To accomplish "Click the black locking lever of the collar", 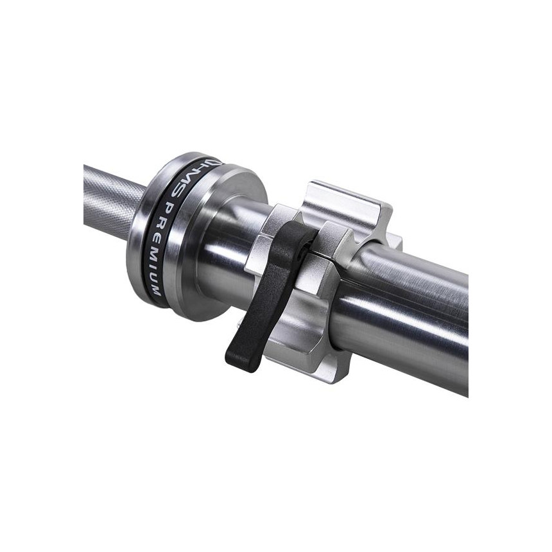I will [x=270, y=295].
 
